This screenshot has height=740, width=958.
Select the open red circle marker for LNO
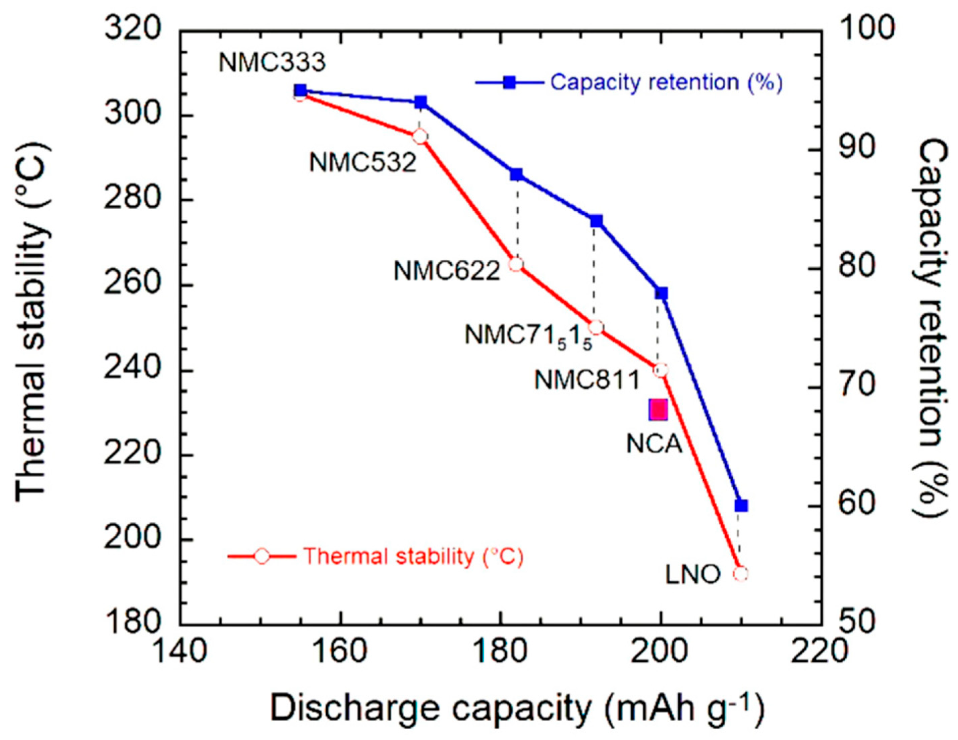[x=741, y=574]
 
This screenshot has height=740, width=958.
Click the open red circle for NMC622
[x=516, y=264]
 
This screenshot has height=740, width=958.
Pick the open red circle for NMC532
[x=420, y=137]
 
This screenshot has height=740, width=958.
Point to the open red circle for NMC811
[x=661, y=370]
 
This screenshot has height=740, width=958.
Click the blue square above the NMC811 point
[x=662, y=293]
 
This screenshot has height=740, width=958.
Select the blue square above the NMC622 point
[x=516, y=174]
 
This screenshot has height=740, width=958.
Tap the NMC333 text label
[x=272, y=62]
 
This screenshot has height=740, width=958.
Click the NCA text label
[x=654, y=444]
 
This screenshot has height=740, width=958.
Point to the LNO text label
[x=693, y=575]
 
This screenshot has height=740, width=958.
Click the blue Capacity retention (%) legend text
[x=666, y=82]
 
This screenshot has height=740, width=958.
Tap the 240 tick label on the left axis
[x=131, y=370]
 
